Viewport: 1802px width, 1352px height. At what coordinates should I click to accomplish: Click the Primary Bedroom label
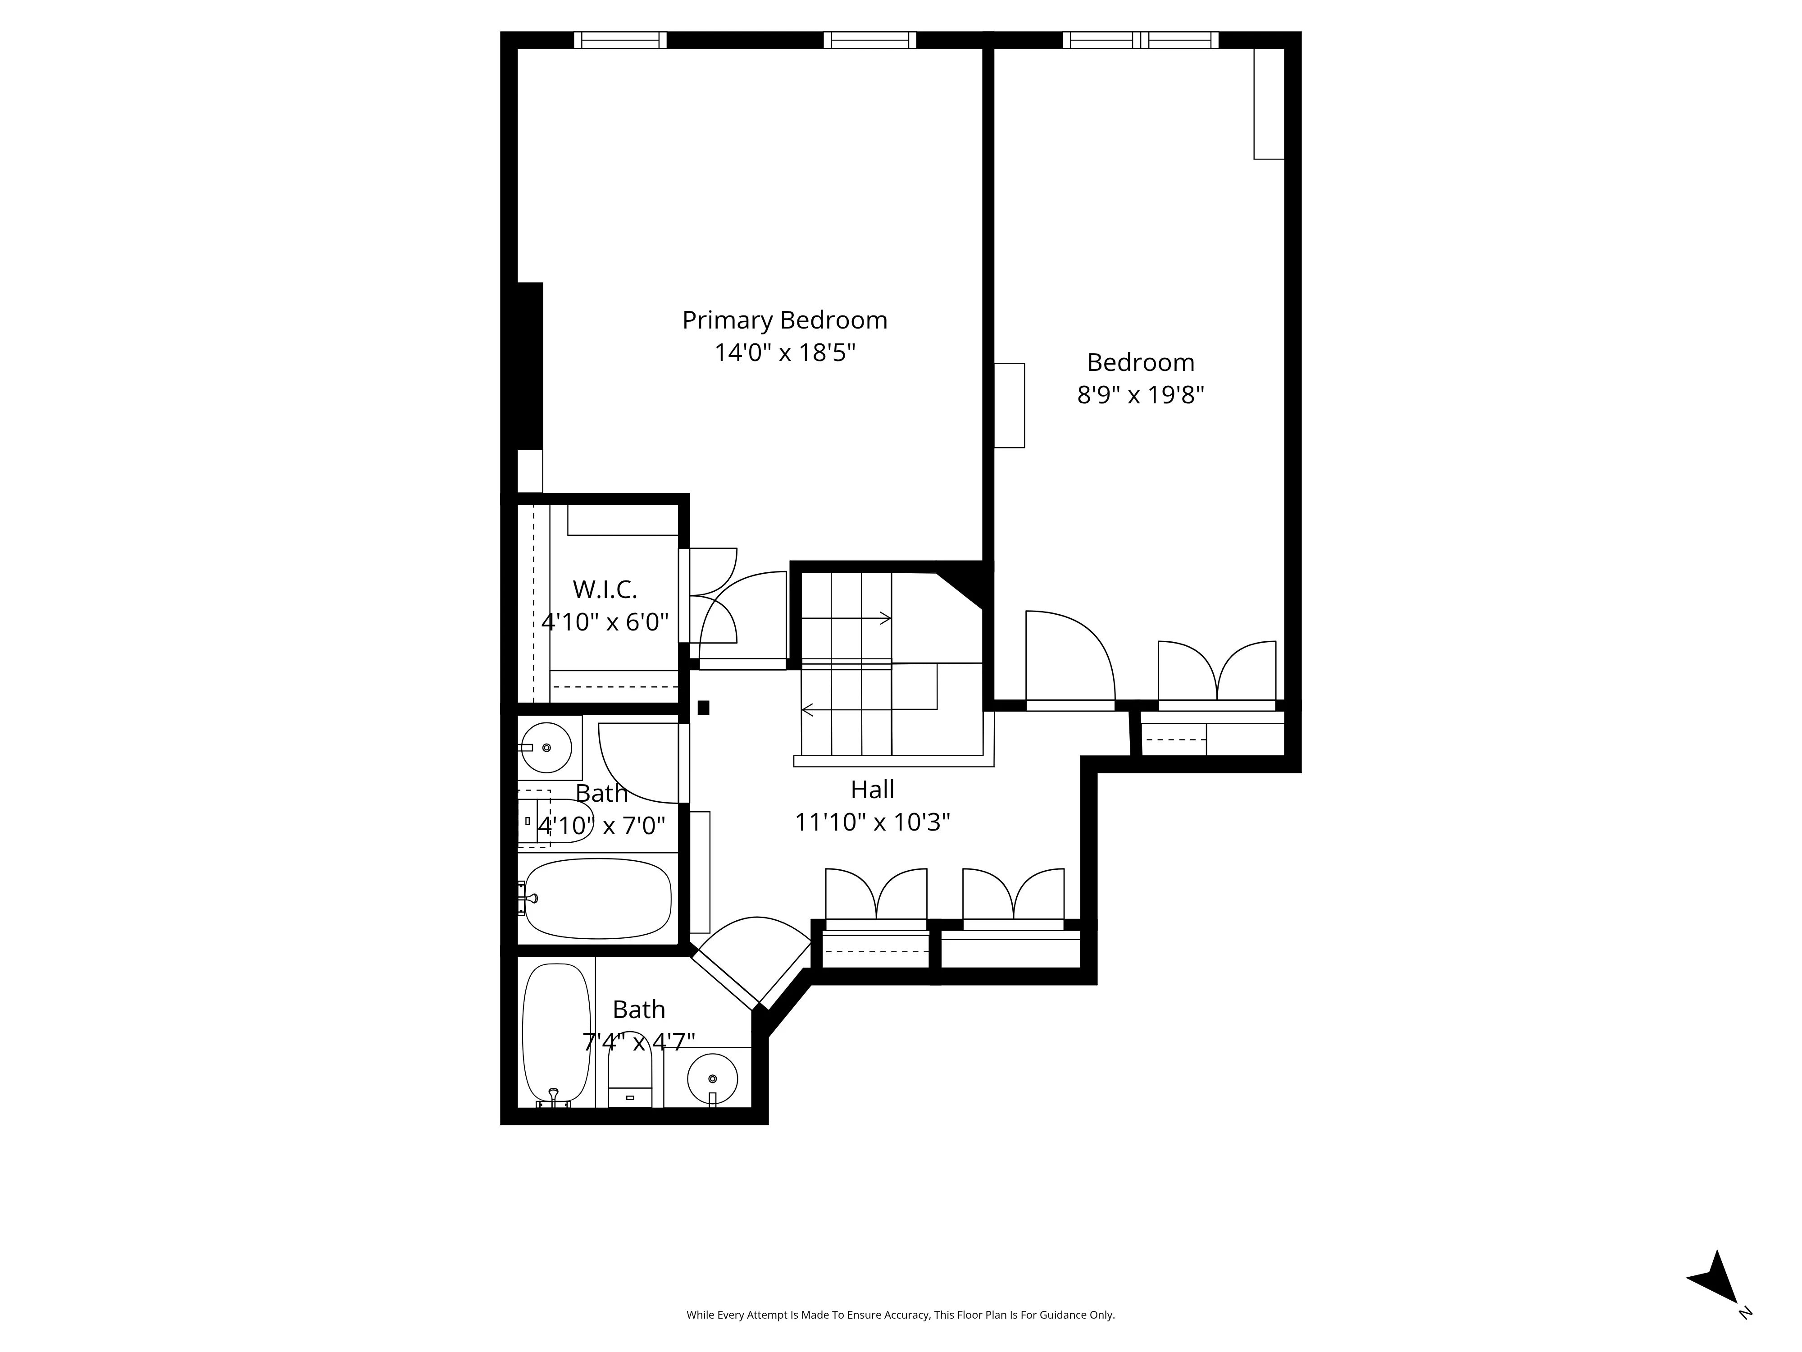(784, 320)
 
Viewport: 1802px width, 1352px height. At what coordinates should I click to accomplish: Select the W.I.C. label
(605, 589)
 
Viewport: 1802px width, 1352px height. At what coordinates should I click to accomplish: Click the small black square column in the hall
(703, 708)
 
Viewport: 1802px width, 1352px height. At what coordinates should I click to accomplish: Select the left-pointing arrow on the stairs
(807, 710)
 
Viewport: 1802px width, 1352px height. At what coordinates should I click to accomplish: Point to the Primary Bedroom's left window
(620, 40)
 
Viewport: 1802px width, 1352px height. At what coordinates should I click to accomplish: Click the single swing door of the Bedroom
(1068, 660)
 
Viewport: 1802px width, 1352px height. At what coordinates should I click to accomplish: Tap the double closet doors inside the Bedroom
(1216, 672)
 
